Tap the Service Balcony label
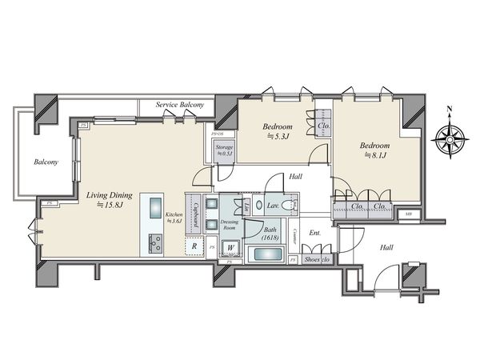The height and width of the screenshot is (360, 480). coord(178,106)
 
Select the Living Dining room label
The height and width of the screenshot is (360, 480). coord(109,198)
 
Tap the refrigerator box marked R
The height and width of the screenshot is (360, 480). coord(194,247)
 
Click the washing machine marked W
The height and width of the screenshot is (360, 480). coord(230,247)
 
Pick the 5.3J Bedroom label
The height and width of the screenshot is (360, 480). coord(277,131)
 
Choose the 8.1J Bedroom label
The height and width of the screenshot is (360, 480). coord(374,150)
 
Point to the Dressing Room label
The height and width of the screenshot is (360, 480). coord(230,225)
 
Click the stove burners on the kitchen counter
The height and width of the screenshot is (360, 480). coord(152,242)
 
